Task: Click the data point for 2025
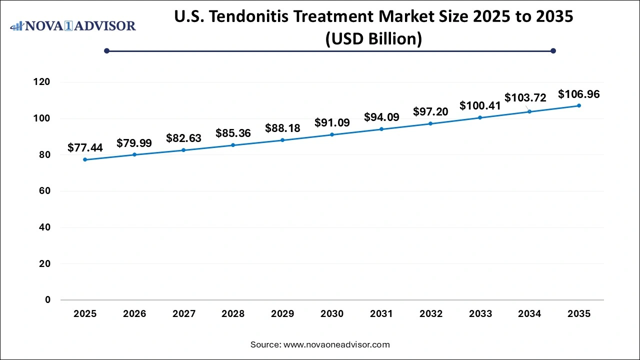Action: pyautogui.click(x=85, y=159)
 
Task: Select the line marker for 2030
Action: pyautogui.click(x=332, y=134)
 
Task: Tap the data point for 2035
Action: pyautogui.click(x=579, y=105)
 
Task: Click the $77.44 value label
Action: pyautogui.click(x=85, y=147)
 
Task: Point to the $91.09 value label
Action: pyautogui.click(x=332, y=122)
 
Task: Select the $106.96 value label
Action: pyautogui.click(x=579, y=94)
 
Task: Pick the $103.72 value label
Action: pyautogui.click(x=525, y=97)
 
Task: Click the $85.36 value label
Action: pyautogui.click(x=233, y=133)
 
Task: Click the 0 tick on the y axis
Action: pyautogui.click(x=47, y=300)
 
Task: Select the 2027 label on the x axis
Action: pyautogui.click(x=184, y=314)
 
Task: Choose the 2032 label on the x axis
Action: pyautogui.click(x=431, y=314)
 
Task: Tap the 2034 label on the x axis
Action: pyautogui.click(x=529, y=314)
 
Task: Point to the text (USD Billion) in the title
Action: pyautogui.click(x=373, y=38)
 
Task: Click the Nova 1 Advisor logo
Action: pyautogui.click(x=73, y=25)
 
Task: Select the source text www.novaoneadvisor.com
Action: pyautogui.click(x=336, y=344)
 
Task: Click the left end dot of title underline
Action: pyautogui.click(x=106, y=50)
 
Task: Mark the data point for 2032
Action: pyautogui.click(x=430, y=123)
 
